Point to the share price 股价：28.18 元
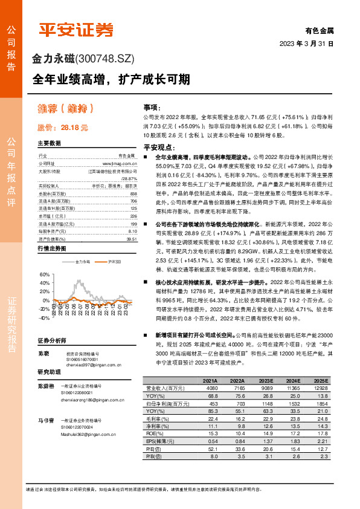63,128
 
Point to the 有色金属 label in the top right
318,30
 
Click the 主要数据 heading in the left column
49,144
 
